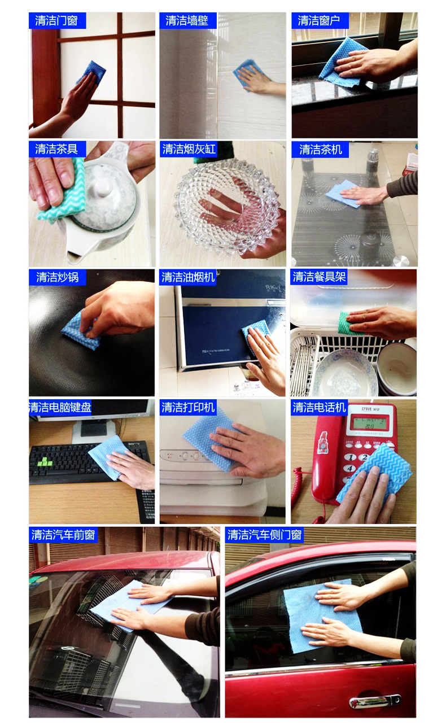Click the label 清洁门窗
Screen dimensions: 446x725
coord(56,21)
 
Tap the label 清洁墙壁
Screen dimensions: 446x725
coord(187,21)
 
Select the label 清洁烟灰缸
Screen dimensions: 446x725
coord(189,149)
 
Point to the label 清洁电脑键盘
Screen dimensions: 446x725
coord(60,407)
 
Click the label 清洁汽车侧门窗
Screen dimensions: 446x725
coord(264,535)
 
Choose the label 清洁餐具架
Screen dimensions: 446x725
coord(319,277)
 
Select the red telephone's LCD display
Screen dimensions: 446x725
coord(370,423)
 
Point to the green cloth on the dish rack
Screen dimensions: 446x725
coord(344,322)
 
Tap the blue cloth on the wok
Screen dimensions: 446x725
coord(81,329)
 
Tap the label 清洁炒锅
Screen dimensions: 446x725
coord(57,277)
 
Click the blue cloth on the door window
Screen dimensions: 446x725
coord(92,72)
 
